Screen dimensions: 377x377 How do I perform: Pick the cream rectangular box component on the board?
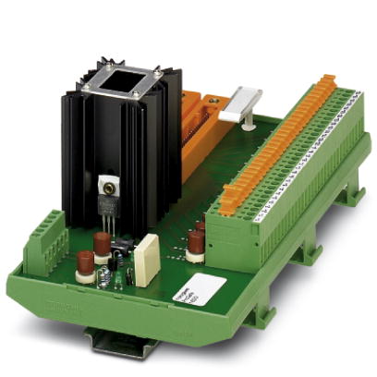click(x=146, y=259)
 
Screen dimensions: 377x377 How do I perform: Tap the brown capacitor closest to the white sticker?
click(x=196, y=242)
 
